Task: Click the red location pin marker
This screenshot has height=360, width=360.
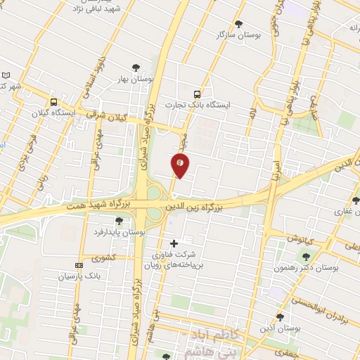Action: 180,165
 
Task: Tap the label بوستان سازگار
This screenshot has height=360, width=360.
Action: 236,34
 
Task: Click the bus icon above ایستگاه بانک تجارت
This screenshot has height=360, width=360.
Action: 197,94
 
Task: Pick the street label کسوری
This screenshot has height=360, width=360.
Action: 103,259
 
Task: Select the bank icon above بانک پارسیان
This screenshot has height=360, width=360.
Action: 78,265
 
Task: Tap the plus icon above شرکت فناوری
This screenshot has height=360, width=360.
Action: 174,243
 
